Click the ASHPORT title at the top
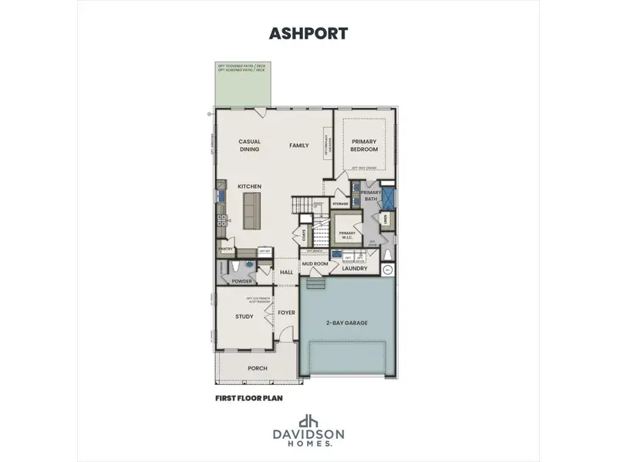308,33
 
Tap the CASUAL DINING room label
249,145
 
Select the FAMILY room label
298,145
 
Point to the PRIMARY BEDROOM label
364,145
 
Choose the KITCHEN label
249,186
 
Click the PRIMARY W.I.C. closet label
347,234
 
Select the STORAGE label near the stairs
340,203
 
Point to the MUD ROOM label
315,263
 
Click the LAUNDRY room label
355,268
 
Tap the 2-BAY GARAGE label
346,323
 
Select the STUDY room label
244,316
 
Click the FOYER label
286,313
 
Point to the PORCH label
257,368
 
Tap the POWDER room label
241,281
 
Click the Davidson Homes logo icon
308,421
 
